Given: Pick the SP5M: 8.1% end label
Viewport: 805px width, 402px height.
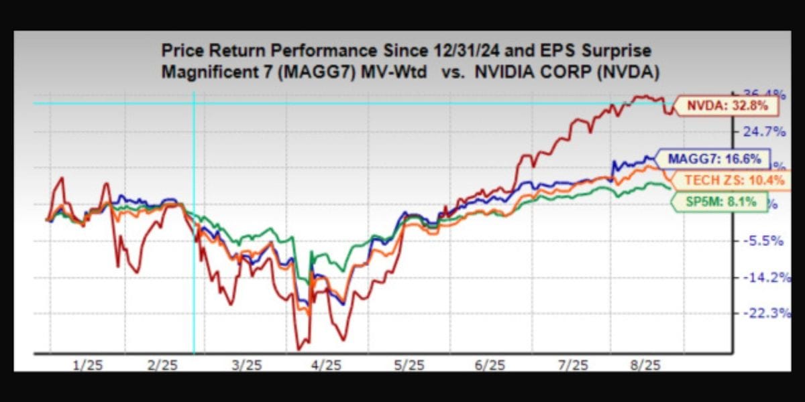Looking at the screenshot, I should [x=718, y=200].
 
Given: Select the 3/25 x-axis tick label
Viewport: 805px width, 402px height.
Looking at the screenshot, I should [x=246, y=364].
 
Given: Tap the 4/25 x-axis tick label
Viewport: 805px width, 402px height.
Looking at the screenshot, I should [x=327, y=364].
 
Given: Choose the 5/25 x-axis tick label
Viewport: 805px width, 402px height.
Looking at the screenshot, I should [x=409, y=364].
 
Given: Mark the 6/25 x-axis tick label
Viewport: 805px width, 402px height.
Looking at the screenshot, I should [x=490, y=364].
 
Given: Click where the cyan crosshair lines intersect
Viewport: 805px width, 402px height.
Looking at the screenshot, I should [x=194, y=103].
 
